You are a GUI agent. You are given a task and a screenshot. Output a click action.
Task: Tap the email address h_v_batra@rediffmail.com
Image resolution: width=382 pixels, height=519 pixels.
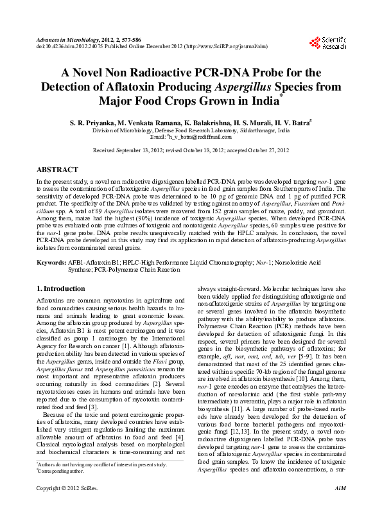(x=200, y=137)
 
